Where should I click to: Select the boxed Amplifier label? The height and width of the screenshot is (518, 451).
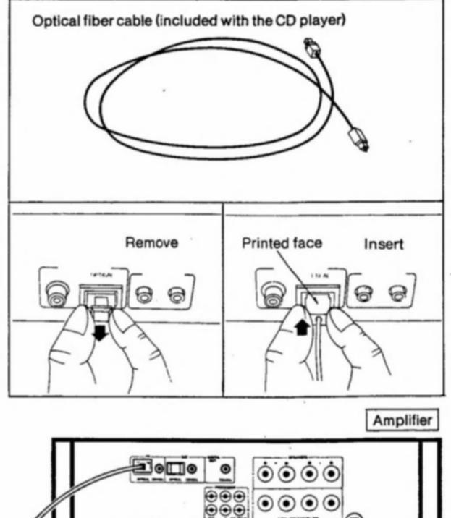click(x=407, y=420)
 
